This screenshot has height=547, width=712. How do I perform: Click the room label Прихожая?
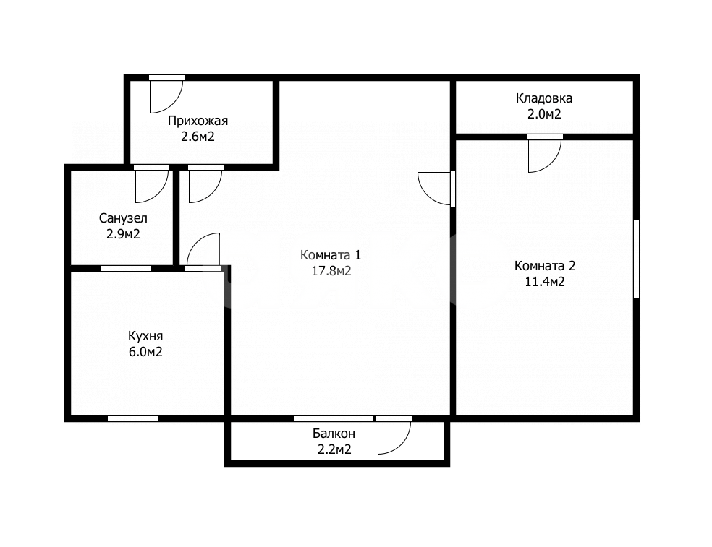click(x=198, y=121)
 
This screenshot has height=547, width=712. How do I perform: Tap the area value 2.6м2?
click(x=198, y=137)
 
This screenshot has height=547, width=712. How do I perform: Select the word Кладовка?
click(x=544, y=98)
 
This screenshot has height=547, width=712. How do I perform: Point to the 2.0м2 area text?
click(x=544, y=114)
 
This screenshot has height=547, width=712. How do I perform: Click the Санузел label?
click(x=123, y=219)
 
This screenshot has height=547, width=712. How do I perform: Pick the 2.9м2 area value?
click(x=123, y=234)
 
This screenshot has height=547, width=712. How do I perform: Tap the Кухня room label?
click(x=145, y=337)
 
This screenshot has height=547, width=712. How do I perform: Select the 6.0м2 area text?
click(x=145, y=352)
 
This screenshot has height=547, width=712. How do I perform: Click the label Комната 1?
click(x=331, y=255)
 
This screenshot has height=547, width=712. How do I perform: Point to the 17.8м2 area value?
click(x=331, y=271)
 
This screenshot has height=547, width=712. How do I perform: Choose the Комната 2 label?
click(x=545, y=266)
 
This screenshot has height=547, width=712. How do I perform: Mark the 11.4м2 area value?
click(x=545, y=282)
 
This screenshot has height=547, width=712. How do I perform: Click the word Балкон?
click(x=334, y=434)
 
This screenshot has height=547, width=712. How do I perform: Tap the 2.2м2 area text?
click(x=334, y=449)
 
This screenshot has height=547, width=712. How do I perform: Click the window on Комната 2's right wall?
click(x=636, y=259)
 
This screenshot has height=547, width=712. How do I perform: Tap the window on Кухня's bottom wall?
click(x=132, y=418)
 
